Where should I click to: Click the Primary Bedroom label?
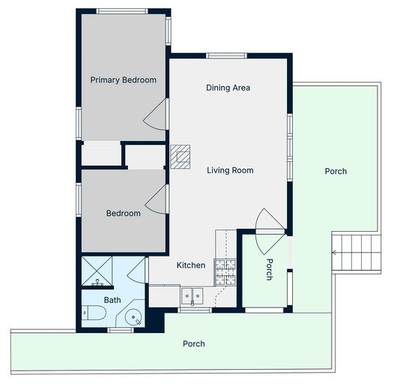point(123,80)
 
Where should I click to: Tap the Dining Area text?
point(228,88)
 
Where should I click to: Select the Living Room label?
point(230,170)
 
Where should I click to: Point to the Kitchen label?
point(191,265)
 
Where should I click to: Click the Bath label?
point(112,300)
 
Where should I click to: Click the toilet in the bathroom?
point(94,313)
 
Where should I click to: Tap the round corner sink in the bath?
point(133,317)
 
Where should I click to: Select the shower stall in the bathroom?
point(97,271)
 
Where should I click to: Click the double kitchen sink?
point(193,295)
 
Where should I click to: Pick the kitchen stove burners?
point(225,272)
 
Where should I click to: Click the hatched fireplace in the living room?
point(181,157)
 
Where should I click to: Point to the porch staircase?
point(357,253)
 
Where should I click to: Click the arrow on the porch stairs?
point(334,253)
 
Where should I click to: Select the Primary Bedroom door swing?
point(155,114)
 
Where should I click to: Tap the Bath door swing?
point(136,270)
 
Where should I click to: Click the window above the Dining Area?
point(226,55)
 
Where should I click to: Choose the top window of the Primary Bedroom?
point(122,11)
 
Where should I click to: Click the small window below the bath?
point(121,330)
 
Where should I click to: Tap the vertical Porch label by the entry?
point(270,269)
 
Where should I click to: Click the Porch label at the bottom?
point(194,343)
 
